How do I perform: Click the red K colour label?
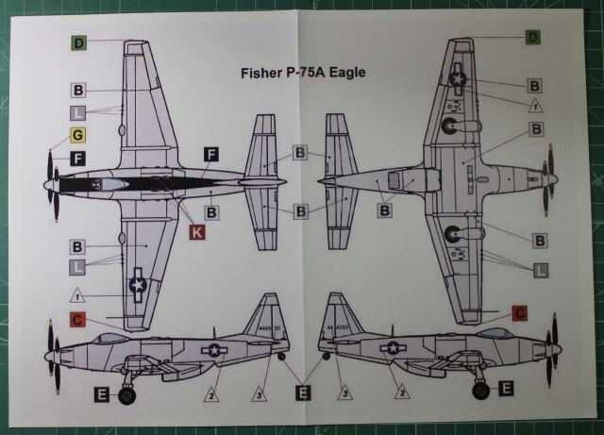tap(197, 231)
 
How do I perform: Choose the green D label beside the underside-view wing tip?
tap(532, 38)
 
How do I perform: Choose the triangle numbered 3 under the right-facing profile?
tap(345, 389)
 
